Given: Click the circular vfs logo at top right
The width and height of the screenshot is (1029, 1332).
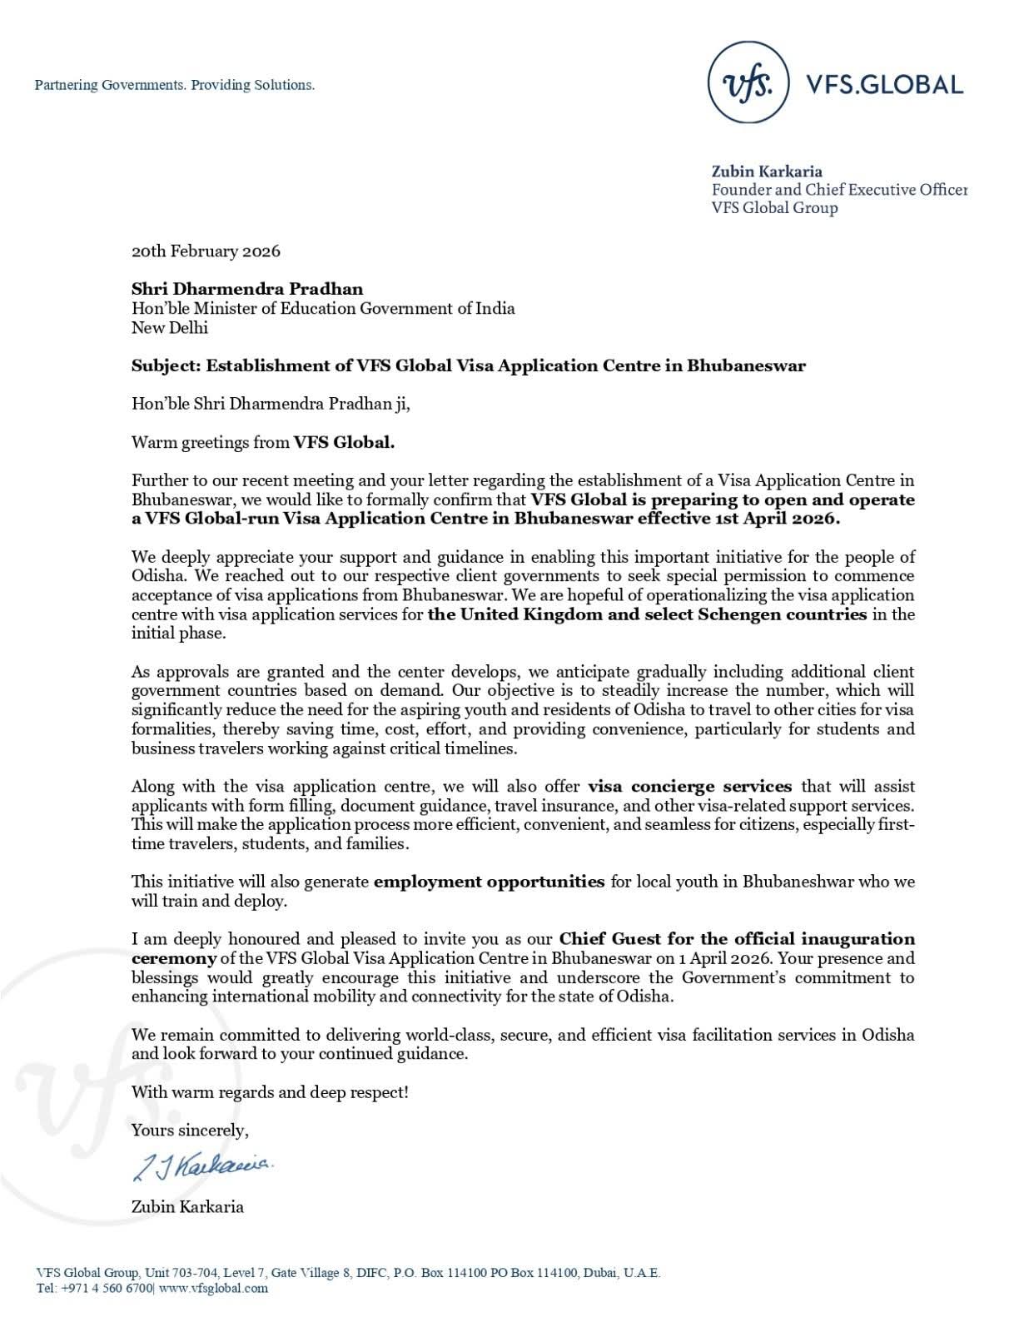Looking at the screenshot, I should click(748, 83).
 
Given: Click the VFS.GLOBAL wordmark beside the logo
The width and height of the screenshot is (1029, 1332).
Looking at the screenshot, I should click(884, 84).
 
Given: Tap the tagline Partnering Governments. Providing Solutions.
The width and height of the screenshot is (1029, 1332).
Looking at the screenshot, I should click(175, 85).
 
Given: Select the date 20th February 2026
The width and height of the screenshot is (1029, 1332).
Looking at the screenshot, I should click(206, 251).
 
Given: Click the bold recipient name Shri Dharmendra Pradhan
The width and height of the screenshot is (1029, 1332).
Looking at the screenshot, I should click(247, 289).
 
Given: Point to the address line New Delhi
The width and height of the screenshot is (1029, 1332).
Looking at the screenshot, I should click(170, 327).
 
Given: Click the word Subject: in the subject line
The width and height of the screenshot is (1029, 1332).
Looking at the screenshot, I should click(166, 365).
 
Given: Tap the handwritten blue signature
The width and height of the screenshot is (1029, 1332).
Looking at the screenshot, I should click(201, 1166).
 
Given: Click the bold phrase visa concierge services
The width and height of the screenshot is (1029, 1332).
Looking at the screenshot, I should click(689, 786).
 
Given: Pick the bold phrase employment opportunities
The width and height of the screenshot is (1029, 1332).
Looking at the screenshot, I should click(489, 881).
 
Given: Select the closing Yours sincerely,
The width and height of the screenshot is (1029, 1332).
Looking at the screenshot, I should click(190, 1130).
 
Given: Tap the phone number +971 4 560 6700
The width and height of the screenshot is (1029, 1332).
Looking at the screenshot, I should click(106, 1288).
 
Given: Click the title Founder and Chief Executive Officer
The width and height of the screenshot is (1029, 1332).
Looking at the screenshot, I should click(838, 190).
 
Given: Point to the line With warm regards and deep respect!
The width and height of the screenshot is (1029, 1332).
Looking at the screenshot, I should click(270, 1091).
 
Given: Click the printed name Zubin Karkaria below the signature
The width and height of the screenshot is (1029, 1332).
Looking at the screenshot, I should click(187, 1205).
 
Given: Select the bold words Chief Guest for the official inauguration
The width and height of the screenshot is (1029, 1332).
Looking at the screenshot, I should click(736, 938).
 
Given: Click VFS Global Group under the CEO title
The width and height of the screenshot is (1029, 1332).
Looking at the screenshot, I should click(774, 208).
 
